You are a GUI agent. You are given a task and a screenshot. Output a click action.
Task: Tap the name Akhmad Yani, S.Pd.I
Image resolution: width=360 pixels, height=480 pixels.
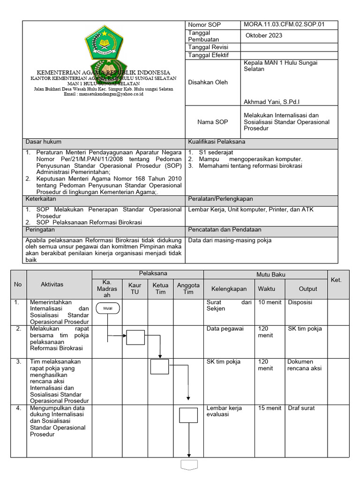[x=272, y=101]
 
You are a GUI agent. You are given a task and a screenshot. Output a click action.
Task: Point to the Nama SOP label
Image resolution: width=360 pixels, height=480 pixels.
[x=212, y=121]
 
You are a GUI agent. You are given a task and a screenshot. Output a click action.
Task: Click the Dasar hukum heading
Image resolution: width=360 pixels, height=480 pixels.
[x=43, y=142]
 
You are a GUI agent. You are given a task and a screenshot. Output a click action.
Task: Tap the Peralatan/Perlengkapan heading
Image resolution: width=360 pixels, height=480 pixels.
[x=220, y=199]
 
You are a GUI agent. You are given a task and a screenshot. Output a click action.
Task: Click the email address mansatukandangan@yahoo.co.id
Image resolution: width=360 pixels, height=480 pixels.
[x=103, y=94]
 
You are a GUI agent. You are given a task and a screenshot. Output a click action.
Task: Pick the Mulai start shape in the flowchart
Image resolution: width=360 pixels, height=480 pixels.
[x=108, y=308]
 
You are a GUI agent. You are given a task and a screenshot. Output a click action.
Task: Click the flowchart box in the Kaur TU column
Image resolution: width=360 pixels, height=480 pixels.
[x=135, y=337]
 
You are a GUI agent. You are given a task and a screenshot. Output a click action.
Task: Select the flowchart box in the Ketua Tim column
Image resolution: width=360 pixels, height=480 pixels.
[x=159, y=366]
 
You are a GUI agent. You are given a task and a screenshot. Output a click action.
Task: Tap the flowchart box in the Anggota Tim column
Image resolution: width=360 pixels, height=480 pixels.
[x=188, y=415]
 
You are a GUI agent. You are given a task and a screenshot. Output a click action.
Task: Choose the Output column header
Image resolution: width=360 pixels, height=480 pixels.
[x=308, y=289]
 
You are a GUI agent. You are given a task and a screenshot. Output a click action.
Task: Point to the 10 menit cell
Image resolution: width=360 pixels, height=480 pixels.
[x=270, y=302]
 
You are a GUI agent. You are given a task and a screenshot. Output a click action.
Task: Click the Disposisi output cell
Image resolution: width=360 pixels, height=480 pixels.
[x=300, y=302]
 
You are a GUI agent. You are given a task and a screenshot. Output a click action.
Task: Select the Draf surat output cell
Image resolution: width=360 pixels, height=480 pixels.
[x=301, y=408]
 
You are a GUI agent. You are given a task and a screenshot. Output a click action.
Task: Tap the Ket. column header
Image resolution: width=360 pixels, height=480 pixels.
[x=336, y=280]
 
